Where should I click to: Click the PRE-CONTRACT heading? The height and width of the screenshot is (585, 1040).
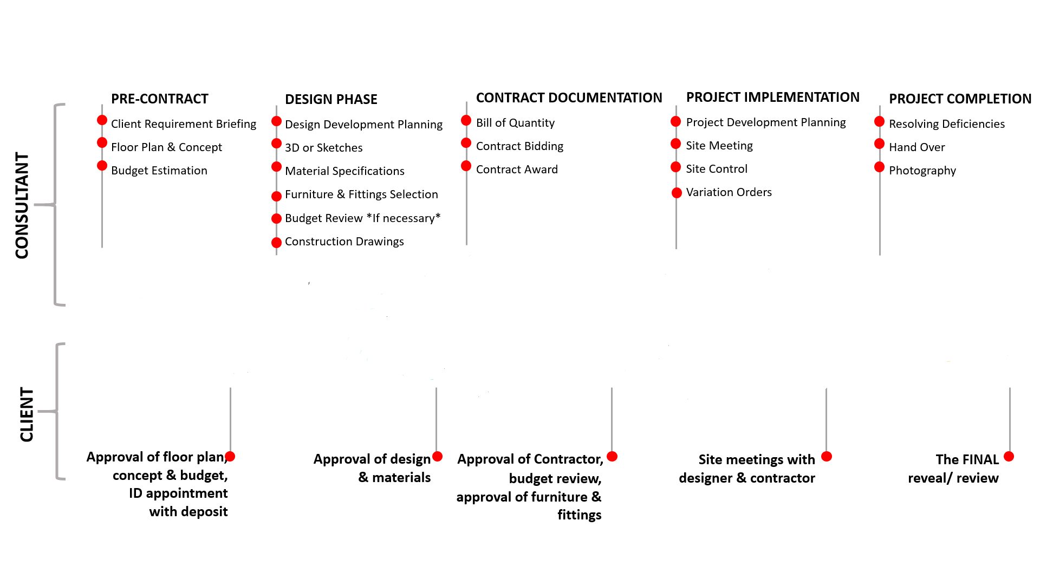160,99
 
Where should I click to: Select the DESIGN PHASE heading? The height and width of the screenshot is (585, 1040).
331,99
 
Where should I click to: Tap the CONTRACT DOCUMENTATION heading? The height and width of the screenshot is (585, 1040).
569,97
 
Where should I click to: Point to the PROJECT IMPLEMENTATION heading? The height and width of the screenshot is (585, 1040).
772,97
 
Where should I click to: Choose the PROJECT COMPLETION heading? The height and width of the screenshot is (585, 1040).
960,99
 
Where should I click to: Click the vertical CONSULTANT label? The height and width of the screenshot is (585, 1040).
22,205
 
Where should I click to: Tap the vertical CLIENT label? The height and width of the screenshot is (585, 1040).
27,414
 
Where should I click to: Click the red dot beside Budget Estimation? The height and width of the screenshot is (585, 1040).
102,166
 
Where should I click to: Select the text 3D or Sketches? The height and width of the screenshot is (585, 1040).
324,148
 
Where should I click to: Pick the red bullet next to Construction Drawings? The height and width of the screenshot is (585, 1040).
276,243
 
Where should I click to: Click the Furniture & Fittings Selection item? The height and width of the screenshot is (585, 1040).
361,194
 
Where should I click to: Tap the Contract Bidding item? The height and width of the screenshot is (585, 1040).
519,146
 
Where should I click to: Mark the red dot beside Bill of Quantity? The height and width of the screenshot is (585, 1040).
466,120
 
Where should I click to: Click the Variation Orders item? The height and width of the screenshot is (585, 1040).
729,192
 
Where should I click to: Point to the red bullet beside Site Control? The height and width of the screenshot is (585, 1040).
675,167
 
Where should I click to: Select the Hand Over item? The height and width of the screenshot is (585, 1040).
916,147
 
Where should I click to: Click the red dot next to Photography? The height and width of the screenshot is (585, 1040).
879,167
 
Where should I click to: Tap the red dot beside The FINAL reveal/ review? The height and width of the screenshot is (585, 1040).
1009,457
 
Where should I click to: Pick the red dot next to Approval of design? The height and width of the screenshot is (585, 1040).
438,457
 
